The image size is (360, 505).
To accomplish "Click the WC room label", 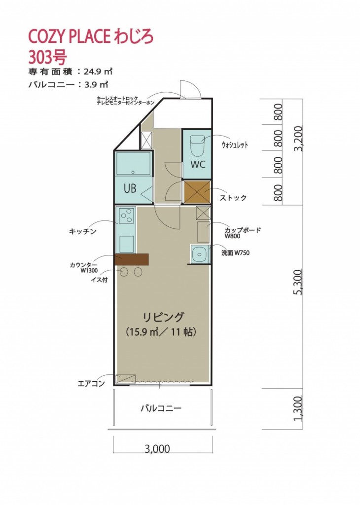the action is (198, 165).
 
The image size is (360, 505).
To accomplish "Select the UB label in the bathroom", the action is (130, 188).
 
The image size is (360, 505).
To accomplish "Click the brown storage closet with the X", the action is (197, 192).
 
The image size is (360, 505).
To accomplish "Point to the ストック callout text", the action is (233, 198).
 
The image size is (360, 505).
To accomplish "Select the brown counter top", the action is (131, 259).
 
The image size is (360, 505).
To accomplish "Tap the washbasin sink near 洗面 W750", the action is (199, 254).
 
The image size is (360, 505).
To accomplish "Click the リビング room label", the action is (164, 317).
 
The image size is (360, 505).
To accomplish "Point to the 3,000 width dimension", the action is (157, 449).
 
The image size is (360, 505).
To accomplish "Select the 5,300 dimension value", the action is (298, 282).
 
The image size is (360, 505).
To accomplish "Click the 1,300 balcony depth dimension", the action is (298, 408).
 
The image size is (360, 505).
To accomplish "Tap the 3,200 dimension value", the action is (298, 138).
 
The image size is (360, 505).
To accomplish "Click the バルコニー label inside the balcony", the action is (161, 408).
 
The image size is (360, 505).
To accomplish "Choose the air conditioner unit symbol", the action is (125, 379).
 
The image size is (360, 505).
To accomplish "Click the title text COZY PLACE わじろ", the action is (91, 36).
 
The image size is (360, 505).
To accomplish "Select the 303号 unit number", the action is (47, 58).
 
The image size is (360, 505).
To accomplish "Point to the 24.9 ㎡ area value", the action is (98, 71).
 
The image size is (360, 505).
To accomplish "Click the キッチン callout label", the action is (83, 231).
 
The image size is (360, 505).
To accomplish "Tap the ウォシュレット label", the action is (235, 144).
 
